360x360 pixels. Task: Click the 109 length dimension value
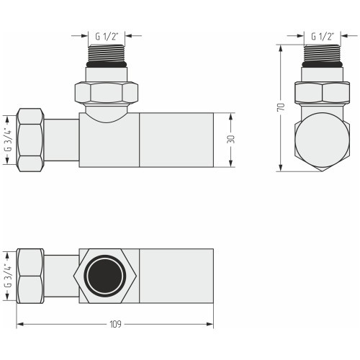115,324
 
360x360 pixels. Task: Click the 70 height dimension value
281,107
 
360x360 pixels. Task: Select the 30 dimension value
230,140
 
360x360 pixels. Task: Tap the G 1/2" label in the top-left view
107,37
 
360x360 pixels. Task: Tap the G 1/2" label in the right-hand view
323,37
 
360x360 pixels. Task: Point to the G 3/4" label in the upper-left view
8,140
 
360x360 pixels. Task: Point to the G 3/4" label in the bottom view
8,276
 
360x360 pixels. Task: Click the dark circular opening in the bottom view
107,275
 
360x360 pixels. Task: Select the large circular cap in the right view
322,140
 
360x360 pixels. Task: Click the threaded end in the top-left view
107,53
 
